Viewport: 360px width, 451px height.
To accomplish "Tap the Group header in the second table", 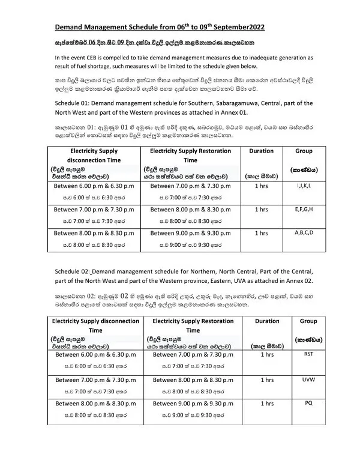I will [308, 321].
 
